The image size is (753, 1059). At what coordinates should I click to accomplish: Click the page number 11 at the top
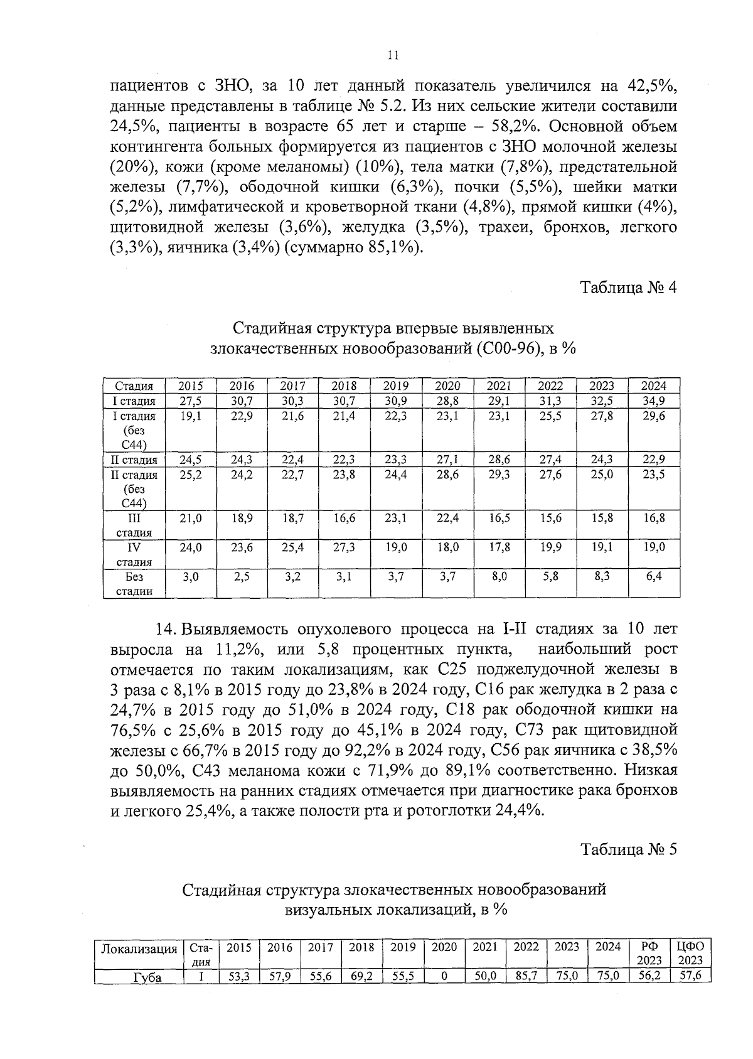(x=393, y=55)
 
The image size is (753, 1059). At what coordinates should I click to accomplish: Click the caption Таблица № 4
(x=628, y=288)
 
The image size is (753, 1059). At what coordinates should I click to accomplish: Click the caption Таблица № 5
(x=628, y=849)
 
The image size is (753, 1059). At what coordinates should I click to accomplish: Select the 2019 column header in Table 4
(x=395, y=386)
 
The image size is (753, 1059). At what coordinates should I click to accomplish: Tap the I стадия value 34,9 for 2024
(x=654, y=401)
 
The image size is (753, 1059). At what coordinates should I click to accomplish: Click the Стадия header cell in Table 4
(x=134, y=386)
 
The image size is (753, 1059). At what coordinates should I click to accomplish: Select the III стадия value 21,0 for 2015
(x=190, y=519)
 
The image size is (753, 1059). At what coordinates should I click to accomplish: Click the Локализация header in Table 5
(x=139, y=948)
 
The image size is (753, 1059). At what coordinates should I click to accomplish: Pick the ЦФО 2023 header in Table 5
(x=688, y=953)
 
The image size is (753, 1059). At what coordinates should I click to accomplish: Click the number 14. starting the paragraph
(x=166, y=629)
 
